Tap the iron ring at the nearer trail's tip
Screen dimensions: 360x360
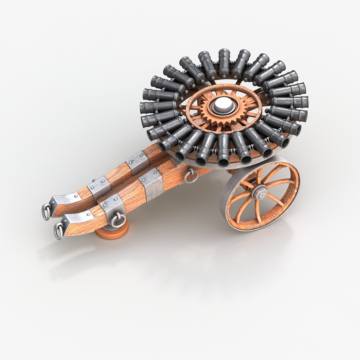[x=58, y=231]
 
